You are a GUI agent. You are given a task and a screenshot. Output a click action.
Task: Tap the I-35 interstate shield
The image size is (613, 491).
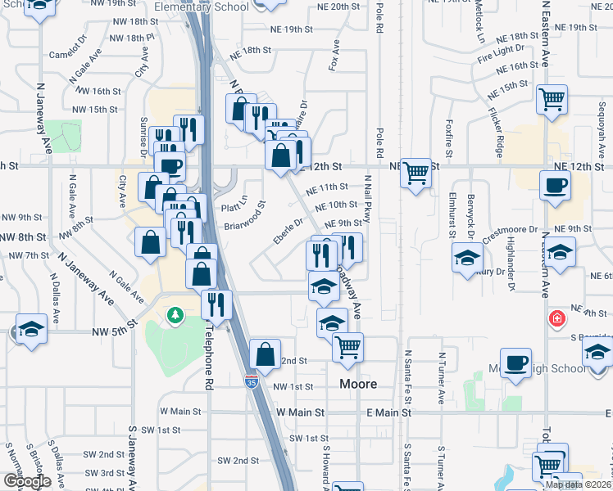tap(250, 381)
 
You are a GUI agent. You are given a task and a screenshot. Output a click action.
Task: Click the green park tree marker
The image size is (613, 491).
tap(174, 315)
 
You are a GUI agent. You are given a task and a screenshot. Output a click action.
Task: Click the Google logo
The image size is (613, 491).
tap(26, 481)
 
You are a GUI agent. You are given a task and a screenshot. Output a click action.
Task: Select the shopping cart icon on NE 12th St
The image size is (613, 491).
tap(416, 172)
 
